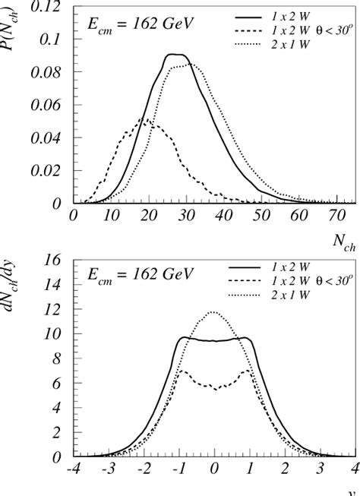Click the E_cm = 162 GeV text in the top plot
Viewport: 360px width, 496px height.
coord(129,23)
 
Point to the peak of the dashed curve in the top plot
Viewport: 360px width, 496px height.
coord(144,119)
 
